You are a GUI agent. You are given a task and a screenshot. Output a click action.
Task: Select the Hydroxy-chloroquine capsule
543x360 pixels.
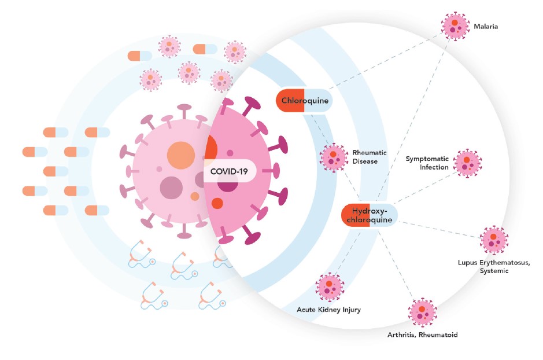370,215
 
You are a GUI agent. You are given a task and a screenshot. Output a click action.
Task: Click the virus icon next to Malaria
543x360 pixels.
455,25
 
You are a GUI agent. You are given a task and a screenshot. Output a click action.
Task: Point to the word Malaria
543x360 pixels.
486,27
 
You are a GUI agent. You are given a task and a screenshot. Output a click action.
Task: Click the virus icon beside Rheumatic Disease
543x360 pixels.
334,157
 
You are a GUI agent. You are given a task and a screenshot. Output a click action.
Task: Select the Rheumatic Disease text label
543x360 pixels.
365,157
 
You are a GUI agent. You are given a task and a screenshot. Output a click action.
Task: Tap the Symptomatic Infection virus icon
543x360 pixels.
467,163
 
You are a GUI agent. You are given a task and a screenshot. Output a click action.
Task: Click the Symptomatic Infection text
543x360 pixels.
427,163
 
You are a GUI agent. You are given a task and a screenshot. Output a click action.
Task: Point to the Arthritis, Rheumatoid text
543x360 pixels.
423,335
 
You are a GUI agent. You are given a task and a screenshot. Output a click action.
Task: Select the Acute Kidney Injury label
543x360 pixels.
328,310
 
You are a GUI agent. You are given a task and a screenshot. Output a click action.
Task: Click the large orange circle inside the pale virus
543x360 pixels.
181,156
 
